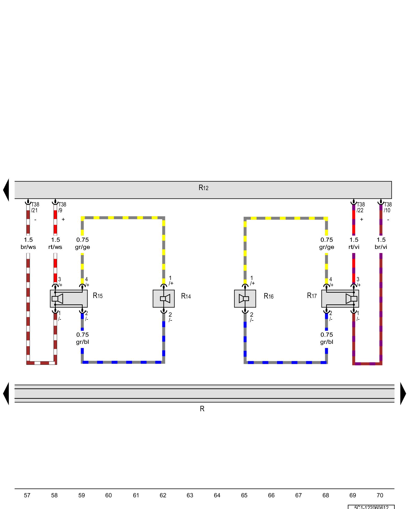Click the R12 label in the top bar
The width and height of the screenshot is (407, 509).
pos(203,188)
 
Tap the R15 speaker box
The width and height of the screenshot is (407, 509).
pos(69,299)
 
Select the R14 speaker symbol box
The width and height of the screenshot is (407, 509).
pos(164,299)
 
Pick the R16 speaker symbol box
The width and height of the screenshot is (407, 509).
pos(245,299)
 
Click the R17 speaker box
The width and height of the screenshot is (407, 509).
pos(340,299)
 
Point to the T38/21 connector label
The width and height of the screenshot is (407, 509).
pos(35,207)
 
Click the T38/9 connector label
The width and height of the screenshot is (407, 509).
pos(62,207)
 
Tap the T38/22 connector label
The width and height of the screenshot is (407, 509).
pos(360,207)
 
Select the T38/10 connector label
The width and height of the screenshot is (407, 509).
pos(388,207)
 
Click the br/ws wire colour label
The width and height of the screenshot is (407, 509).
pos(28,247)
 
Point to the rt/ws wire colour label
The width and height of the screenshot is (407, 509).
pos(55,247)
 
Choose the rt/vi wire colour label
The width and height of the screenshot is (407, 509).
pos(354,247)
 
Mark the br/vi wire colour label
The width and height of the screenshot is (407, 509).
pos(381,247)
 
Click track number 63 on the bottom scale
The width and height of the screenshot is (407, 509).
pos(190,496)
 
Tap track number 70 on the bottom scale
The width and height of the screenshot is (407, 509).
pos(380,496)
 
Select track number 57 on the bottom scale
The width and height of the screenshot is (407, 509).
pos(27,496)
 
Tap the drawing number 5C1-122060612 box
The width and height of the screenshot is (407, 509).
pos(371,507)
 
